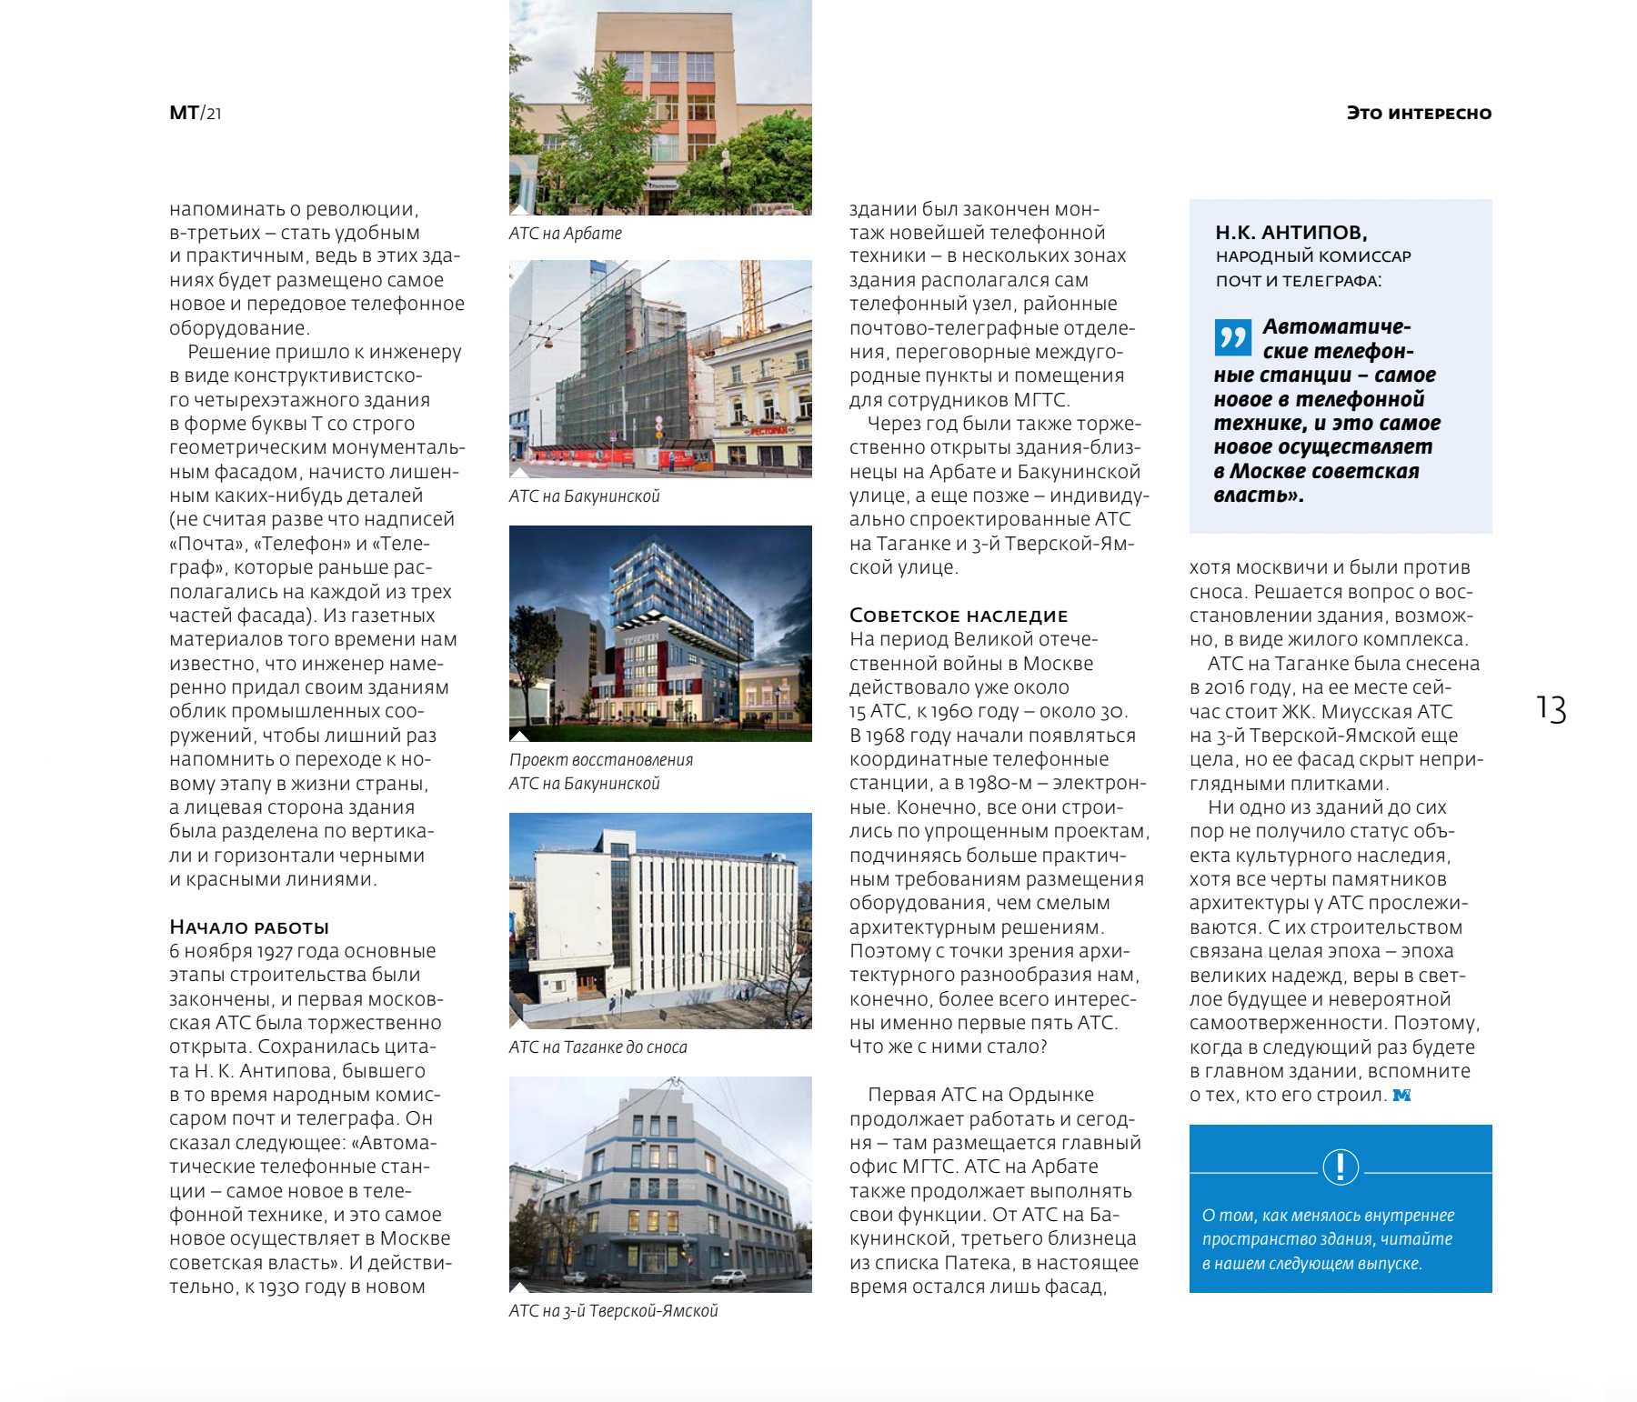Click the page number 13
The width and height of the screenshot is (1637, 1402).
[x=1552, y=709]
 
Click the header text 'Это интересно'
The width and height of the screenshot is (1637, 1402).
[x=1419, y=114]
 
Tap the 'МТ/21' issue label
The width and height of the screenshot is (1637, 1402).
[x=196, y=114]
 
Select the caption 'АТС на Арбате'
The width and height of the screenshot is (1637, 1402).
[x=566, y=234]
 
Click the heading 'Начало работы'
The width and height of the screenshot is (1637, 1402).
[x=249, y=927]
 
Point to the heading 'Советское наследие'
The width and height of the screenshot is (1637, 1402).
[x=959, y=616]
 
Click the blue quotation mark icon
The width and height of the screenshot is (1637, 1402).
[x=1232, y=337]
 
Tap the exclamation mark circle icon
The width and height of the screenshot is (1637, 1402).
[x=1341, y=1167]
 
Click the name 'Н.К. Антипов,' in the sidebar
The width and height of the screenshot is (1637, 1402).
[x=1291, y=233]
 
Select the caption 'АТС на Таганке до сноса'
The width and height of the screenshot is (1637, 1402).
[x=598, y=1047]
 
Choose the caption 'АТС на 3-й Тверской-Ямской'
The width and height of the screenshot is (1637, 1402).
[x=614, y=1311]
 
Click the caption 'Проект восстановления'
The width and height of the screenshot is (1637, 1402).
[x=601, y=760]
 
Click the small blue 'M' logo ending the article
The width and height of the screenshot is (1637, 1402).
[x=1401, y=1096]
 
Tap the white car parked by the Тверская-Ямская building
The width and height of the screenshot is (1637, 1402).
[x=728, y=1277]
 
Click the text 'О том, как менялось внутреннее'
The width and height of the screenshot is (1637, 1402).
[x=1328, y=1216]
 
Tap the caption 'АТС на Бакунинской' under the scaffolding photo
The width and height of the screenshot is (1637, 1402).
[x=585, y=496]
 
